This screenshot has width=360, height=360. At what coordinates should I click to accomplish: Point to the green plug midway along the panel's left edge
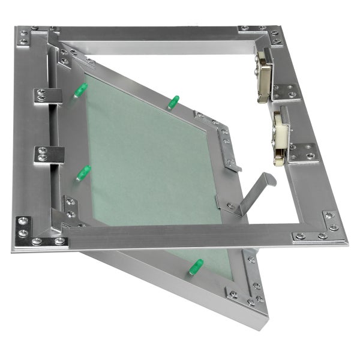pyautogui.click(x=83, y=173)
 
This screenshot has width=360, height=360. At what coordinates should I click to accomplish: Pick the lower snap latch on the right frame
pyautogui.click(x=279, y=142)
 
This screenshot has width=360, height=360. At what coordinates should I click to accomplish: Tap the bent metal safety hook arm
pyautogui.click(x=255, y=190)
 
